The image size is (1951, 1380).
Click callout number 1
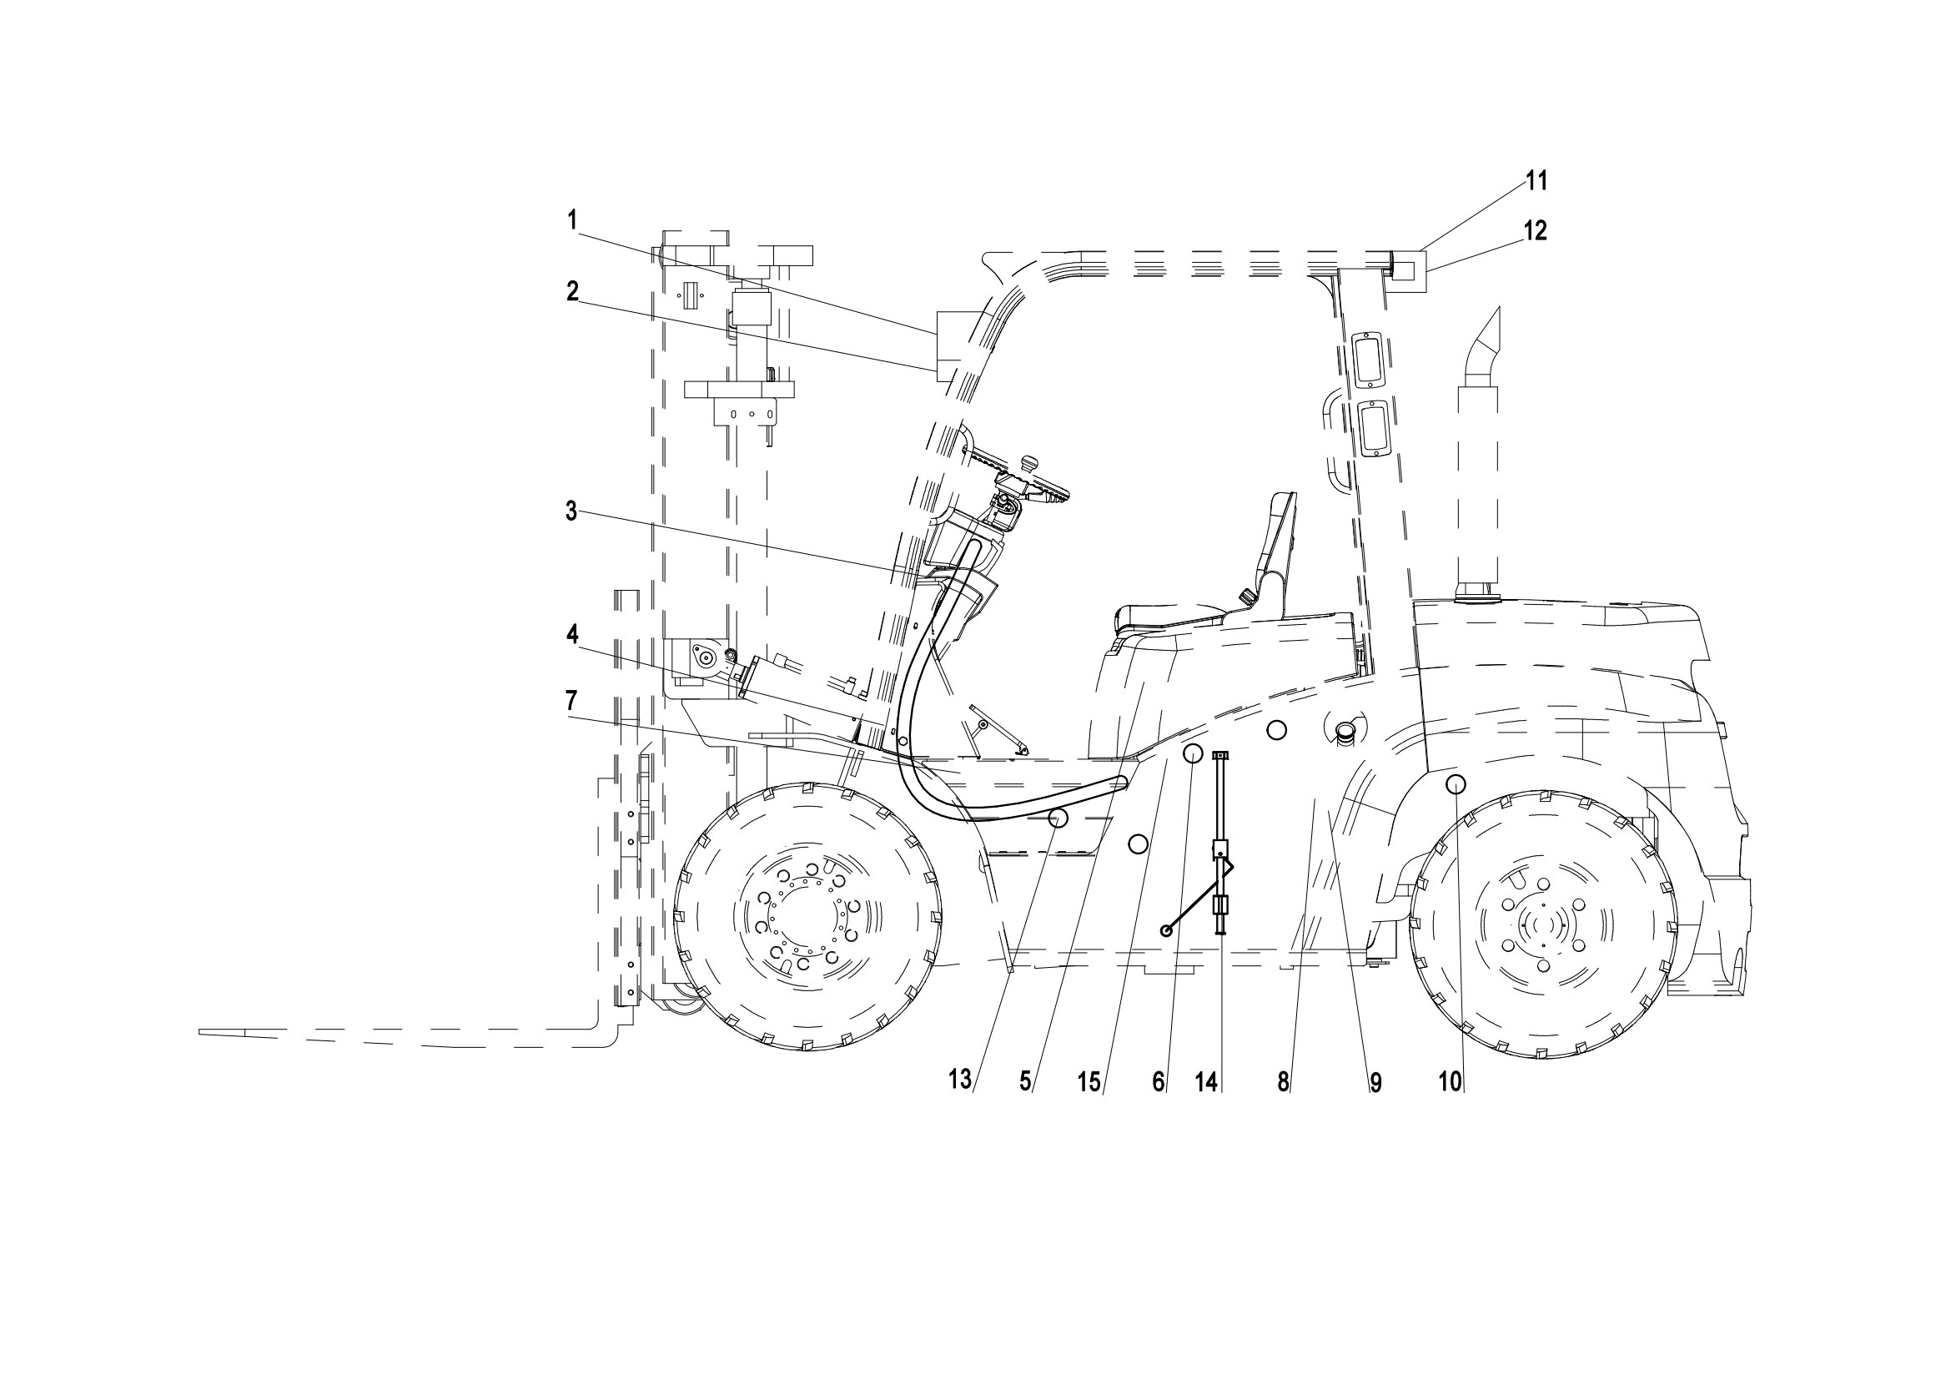[573, 220]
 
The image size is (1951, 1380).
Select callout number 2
[573, 291]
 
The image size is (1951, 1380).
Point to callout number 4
[572, 633]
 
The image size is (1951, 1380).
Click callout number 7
[571, 701]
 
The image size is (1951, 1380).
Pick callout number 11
[1536, 180]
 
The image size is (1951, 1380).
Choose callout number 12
[1536, 230]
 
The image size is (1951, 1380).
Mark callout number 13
[959, 1080]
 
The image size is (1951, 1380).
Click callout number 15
[1089, 1082]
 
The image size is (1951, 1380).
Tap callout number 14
[1206, 1082]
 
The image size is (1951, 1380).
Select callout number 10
[1450, 1082]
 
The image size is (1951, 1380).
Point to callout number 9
[1375, 1082]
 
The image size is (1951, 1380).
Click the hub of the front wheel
[803, 915]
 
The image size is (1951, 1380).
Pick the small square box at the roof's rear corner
[1408, 271]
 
